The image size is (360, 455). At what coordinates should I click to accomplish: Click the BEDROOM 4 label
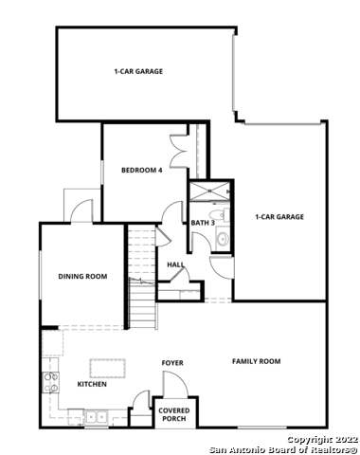click(x=142, y=171)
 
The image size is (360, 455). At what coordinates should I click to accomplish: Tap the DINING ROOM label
click(x=82, y=277)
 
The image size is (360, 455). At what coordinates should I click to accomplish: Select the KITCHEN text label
click(x=92, y=384)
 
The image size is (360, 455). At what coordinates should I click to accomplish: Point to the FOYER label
click(x=171, y=363)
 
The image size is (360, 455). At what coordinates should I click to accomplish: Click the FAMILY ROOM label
click(x=257, y=361)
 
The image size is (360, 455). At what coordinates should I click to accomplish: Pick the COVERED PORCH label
click(x=172, y=414)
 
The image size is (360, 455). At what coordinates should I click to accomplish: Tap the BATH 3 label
click(x=203, y=223)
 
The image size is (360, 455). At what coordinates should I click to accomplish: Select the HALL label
click(x=175, y=265)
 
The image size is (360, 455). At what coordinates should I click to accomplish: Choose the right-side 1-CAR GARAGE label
click(x=279, y=217)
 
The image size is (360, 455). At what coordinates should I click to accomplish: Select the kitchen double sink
click(x=96, y=415)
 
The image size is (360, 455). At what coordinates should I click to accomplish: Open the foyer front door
click(x=173, y=384)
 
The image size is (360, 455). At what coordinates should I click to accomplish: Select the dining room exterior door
click(x=80, y=210)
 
